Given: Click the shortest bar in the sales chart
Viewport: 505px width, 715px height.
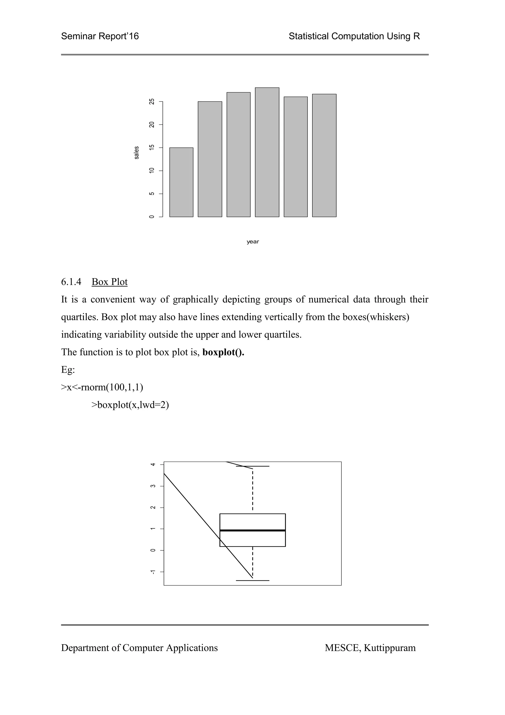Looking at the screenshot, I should [181, 182].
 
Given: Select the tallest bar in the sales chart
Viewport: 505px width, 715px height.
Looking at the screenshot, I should [267, 152].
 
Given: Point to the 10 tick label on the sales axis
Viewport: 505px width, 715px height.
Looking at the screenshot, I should [152, 171].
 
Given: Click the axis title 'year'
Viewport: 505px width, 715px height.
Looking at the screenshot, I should [253, 242].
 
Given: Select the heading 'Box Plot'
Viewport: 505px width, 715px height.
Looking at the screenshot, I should [109, 282].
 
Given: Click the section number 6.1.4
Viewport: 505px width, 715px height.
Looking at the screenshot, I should [71, 282].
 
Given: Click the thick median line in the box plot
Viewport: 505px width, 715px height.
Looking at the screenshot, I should [253, 530].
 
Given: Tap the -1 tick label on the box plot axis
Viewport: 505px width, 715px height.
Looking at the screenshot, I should [152, 572].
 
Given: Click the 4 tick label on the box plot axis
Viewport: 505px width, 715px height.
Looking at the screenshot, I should [152, 464].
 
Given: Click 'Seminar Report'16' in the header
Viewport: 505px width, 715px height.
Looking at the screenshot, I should [100, 37].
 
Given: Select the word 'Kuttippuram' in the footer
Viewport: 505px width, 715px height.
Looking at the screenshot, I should [390, 648].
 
